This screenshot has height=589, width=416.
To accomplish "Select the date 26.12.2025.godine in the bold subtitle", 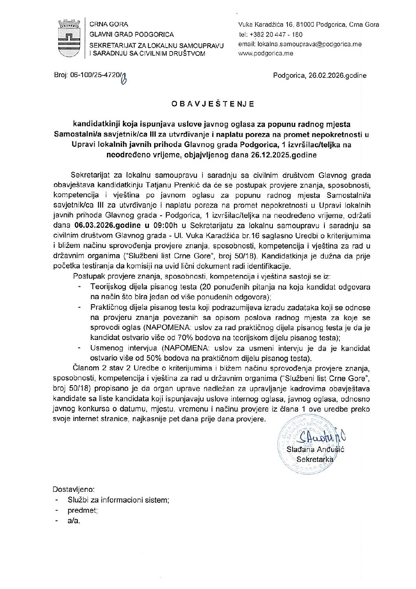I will (x=283, y=155).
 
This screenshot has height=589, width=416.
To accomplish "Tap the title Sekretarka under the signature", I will (x=315, y=459).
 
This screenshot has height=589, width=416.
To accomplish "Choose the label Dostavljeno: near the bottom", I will (x=74, y=490).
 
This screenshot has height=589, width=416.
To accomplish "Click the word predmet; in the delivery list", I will (x=83, y=511).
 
